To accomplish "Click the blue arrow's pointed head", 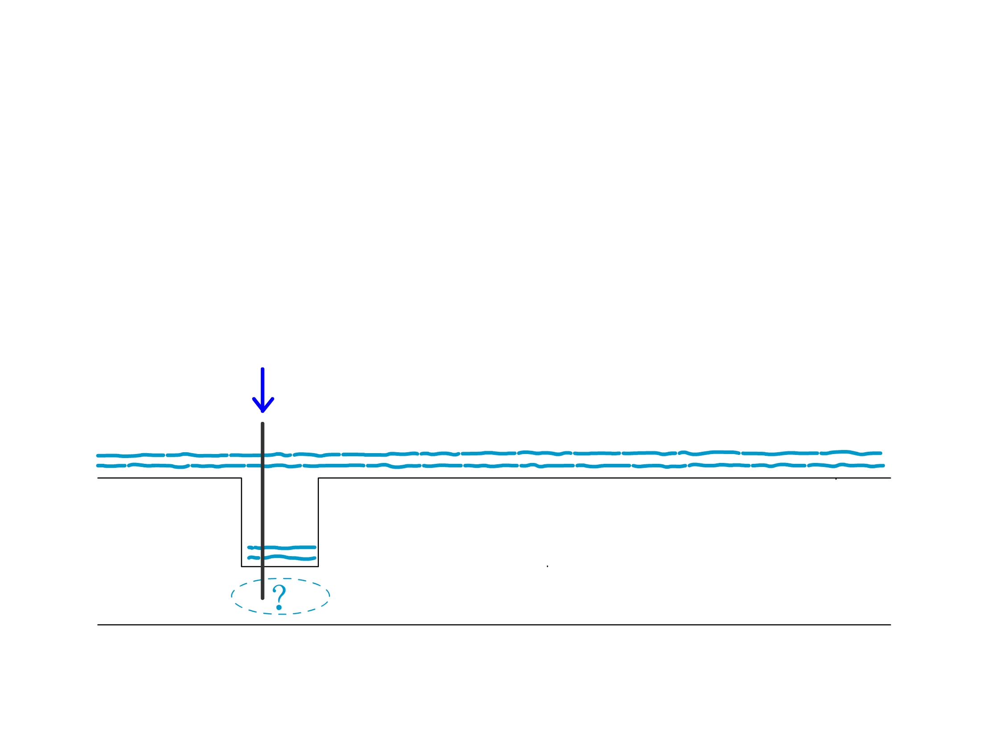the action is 263,411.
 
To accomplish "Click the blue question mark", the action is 279,598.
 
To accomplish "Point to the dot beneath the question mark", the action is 279,608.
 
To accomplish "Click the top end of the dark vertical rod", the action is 263,423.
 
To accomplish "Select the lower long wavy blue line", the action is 490,466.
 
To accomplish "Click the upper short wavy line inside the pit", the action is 282,548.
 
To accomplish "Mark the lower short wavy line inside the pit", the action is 282,557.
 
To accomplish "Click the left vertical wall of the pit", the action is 241,522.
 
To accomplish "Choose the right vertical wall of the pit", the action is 318,522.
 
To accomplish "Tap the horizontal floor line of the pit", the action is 280,566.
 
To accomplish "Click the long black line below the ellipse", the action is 494,625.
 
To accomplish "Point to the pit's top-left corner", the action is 241,478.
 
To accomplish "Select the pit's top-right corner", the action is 318,478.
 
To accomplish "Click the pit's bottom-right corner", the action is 318,566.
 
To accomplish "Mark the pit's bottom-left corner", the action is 241,566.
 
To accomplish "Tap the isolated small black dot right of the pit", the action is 548,566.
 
